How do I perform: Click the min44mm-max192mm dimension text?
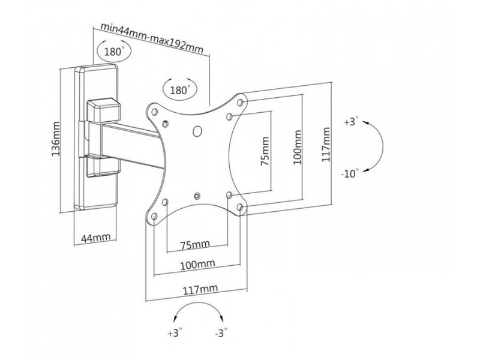(152, 38)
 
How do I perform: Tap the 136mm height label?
(56, 139)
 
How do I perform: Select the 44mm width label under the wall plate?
(95, 238)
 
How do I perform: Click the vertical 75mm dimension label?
(265, 151)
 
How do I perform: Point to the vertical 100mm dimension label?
(298, 147)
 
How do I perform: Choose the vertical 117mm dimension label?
(326, 145)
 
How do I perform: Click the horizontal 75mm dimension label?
(195, 244)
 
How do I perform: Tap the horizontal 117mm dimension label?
(200, 289)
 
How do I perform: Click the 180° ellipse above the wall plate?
(113, 51)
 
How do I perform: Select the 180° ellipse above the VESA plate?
(180, 89)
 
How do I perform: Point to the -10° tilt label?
(349, 173)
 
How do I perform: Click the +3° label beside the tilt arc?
(351, 121)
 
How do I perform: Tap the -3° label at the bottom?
(221, 332)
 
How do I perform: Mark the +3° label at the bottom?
(175, 332)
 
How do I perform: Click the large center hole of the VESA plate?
(197, 131)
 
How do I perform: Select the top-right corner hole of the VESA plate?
(241, 102)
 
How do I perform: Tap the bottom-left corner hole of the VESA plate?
(154, 217)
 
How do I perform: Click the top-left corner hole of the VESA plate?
(154, 112)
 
